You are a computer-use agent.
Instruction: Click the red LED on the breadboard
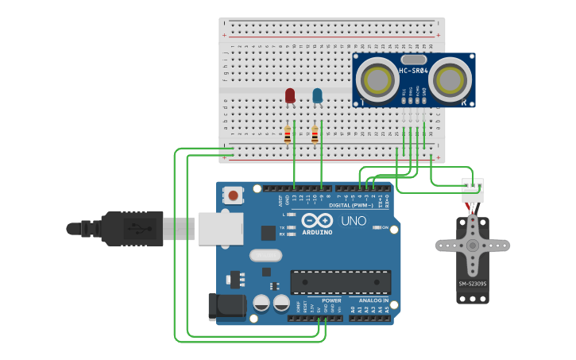(x=290, y=96)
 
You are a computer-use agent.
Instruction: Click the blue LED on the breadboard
(x=318, y=96)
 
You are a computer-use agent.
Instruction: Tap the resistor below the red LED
(x=288, y=136)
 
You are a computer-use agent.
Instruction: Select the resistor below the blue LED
(x=315, y=136)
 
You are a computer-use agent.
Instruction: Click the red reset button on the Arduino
(x=233, y=195)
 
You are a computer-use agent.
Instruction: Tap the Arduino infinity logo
(x=318, y=221)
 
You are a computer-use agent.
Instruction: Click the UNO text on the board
(x=354, y=221)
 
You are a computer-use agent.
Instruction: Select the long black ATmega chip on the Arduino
(x=340, y=282)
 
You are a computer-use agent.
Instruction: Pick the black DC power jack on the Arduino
(x=225, y=308)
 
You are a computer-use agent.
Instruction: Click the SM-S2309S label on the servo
(x=473, y=285)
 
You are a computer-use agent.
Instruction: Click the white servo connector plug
(x=473, y=189)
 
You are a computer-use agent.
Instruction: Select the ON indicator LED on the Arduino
(x=377, y=227)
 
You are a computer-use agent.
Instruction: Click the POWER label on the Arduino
(x=331, y=301)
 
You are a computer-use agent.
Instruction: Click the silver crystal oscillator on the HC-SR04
(x=413, y=60)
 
